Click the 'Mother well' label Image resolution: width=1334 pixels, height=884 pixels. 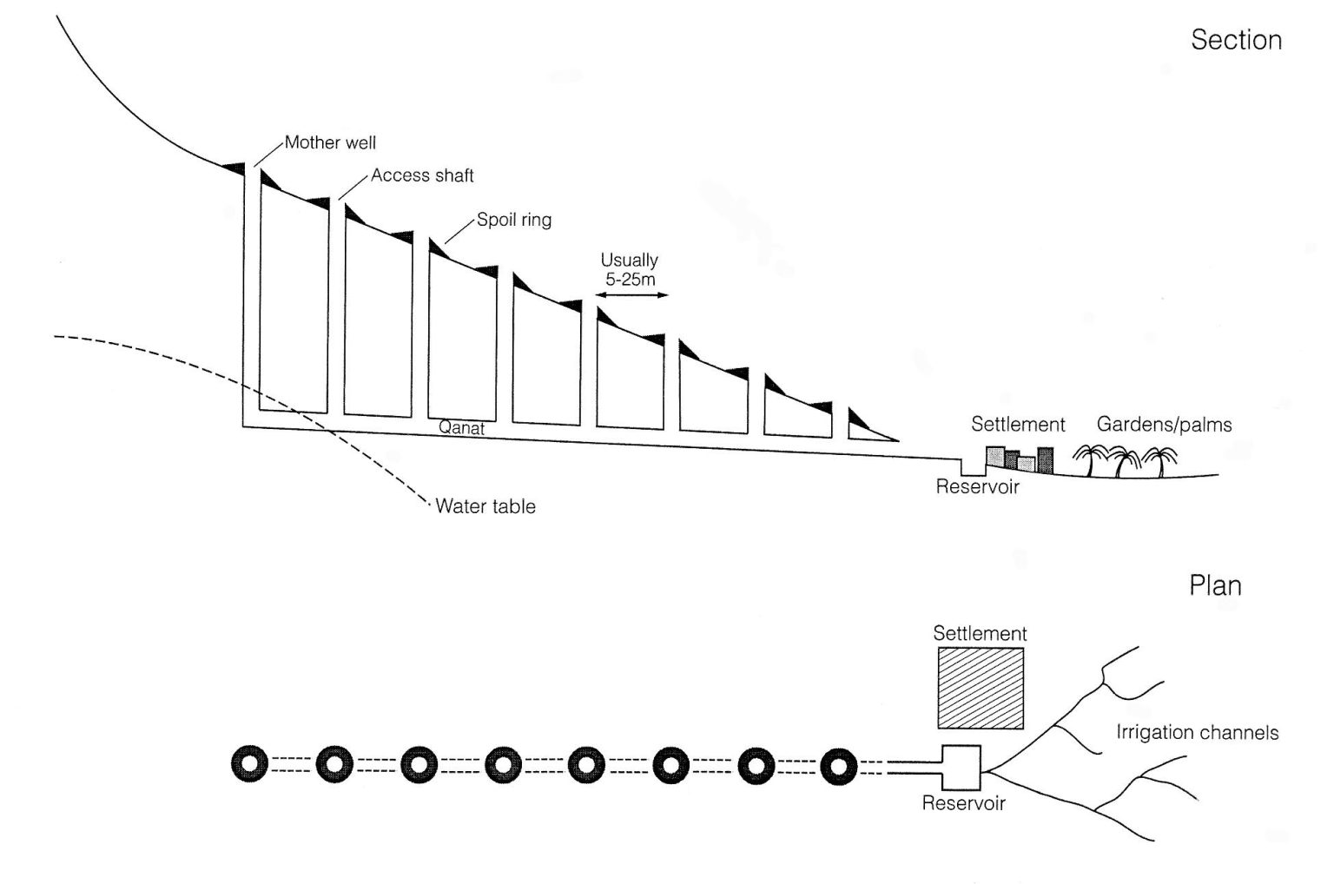pos(330,142)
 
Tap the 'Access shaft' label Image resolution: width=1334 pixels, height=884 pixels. pos(422,175)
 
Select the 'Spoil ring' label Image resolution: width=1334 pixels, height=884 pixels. pos(513,220)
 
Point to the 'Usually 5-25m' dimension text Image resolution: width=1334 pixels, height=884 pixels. pos(630,269)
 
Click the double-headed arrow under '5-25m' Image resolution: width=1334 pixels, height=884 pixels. pos(631,296)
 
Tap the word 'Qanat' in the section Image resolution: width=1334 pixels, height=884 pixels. pos(461,428)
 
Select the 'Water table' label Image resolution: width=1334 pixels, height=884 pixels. pos(485,506)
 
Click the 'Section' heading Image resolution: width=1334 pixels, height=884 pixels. pos(1235,40)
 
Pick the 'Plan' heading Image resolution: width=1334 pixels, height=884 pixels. pos(1214,586)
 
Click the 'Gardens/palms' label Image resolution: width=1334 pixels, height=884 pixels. pos(1164,425)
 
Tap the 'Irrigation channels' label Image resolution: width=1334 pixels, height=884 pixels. pos(1197,733)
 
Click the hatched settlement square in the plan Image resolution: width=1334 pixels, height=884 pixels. pos(980,688)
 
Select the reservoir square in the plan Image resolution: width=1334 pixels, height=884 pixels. pos(961,768)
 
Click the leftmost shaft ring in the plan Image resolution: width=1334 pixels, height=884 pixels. pos(251,766)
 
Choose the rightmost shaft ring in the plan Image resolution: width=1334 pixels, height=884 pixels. pos(838,766)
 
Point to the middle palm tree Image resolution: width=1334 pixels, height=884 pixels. pos(1126,461)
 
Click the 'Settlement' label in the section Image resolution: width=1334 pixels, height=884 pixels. pos(1018,425)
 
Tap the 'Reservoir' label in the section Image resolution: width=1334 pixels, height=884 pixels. pos(977,486)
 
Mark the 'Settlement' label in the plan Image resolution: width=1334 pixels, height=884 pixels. pos(980,634)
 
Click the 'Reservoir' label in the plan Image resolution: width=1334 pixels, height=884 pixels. pos(963,803)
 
